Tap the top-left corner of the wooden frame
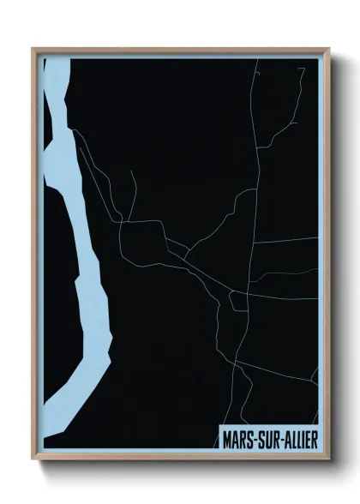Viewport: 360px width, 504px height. tap(33, 49)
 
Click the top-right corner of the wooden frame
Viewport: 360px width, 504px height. tap(328, 49)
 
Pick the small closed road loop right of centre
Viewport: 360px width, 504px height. tap(238, 301)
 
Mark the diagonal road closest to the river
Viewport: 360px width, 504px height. tap(94, 171)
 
